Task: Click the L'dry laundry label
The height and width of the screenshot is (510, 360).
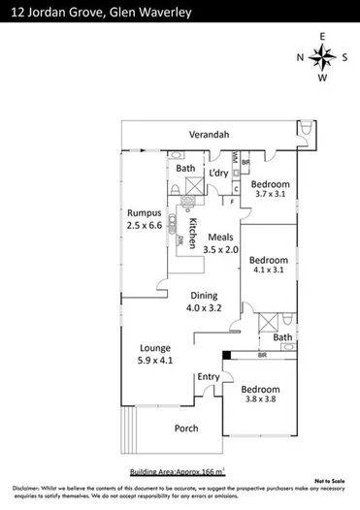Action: [219, 174]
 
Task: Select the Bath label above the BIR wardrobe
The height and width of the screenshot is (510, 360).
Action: [281, 336]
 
